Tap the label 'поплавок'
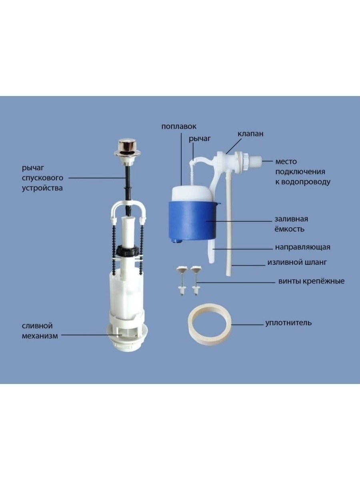[x=179, y=126]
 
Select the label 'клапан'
[x=250, y=134]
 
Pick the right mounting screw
[x=196, y=281]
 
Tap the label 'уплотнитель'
[x=288, y=323]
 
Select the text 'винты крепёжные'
[x=311, y=281]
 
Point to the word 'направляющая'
[x=302, y=247]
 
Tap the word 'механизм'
[x=40, y=336]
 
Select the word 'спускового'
[x=42, y=178]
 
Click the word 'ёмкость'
[x=289, y=229]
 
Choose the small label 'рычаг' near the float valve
[x=200, y=139]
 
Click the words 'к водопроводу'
[x=303, y=182]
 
